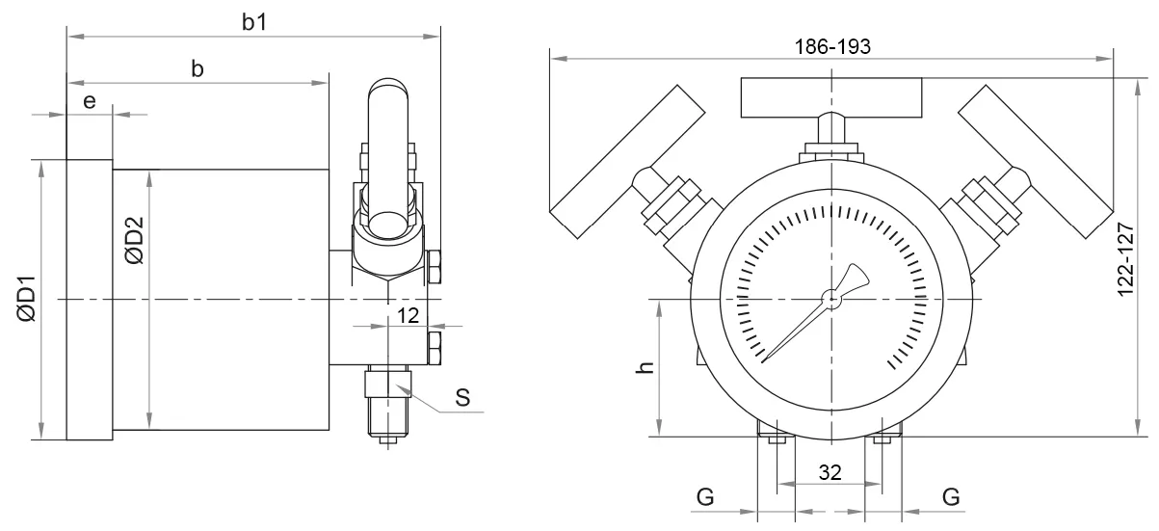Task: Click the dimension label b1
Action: [x=254, y=22]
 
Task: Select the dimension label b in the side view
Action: [x=198, y=68]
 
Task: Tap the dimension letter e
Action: [x=89, y=101]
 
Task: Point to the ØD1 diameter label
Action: [x=27, y=299]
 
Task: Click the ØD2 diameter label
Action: [x=134, y=241]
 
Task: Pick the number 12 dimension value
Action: [x=408, y=315]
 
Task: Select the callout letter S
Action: [x=462, y=397]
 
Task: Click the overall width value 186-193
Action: [x=832, y=46]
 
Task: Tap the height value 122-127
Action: [x=1126, y=260]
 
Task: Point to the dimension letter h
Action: [x=645, y=367]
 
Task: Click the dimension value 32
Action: [x=830, y=472]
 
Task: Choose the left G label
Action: [x=705, y=497]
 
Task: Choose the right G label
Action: [x=951, y=497]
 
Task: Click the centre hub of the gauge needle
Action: [x=831, y=299]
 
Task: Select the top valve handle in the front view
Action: [x=831, y=98]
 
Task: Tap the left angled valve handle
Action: [x=627, y=162]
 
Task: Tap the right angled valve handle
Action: [x=1036, y=162]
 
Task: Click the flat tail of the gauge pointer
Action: [x=854, y=279]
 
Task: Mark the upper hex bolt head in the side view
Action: [x=435, y=267]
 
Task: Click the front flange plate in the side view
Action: [x=90, y=300]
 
